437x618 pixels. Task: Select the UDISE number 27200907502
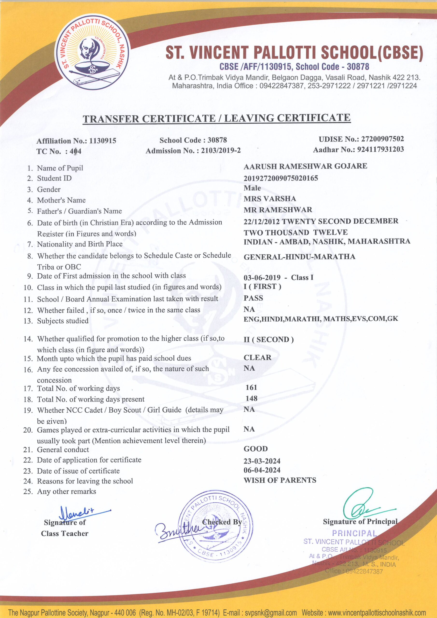click(382, 139)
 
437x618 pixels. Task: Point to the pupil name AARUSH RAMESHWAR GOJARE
click(305, 166)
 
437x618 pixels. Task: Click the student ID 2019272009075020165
click(281, 178)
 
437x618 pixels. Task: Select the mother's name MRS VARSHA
click(269, 199)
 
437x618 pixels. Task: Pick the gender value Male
click(252, 188)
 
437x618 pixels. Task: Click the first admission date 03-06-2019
click(262, 278)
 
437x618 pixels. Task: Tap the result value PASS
click(253, 298)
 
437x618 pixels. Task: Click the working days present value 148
click(251, 398)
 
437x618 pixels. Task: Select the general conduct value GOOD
click(255, 449)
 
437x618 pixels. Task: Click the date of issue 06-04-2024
click(262, 470)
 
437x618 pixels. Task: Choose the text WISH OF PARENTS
click(280, 480)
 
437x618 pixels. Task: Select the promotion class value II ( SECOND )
click(268, 340)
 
